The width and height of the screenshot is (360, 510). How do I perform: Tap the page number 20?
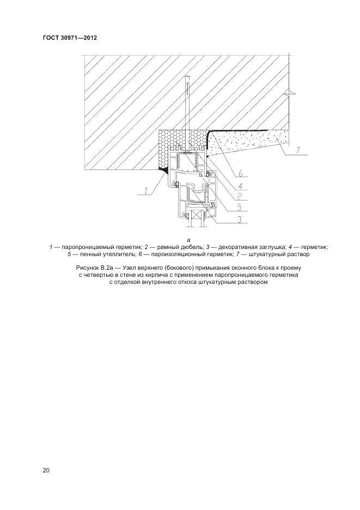[x=46, y=470]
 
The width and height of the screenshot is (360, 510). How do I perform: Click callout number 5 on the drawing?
[x=240, y=207]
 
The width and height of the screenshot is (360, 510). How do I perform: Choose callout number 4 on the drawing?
[x=239, y=184]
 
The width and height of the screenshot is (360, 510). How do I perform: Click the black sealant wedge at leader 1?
[x=163, y=171]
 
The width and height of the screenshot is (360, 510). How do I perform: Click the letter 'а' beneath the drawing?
[x=188, y=239]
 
